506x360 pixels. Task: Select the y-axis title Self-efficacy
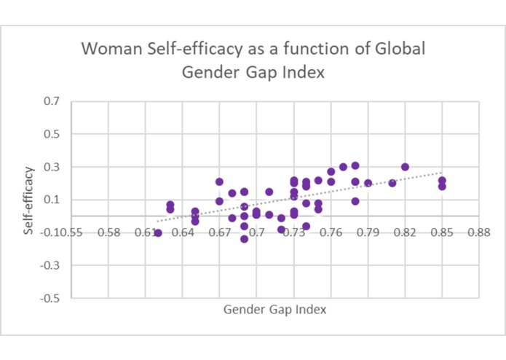click(x=28, y=200)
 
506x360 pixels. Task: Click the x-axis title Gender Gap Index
click(x=274, y=309)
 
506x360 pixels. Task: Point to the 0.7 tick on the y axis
click(x=52, y=101)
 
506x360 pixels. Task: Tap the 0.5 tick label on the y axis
click(x=52, y=134)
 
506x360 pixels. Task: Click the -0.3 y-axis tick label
click(x=50, y=265)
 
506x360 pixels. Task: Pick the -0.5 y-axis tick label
click(x=50, y=298)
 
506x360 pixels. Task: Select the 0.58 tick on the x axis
click(x=108, y=232)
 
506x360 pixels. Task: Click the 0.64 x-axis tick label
click(x=183, y=232)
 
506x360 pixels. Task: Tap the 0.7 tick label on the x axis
click(x=257, y=232)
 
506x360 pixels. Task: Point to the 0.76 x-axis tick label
click(x=331, y=232)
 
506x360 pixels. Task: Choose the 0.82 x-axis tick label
click(x=406, y=232)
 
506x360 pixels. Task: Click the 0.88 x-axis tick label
click(x=479, y=232)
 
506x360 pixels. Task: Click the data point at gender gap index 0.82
click(x=406, y=167)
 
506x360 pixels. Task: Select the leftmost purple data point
click(x=158, y=232)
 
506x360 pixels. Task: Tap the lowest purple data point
click(x=245, y=239)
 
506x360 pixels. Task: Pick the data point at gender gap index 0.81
click(x=392, y=183)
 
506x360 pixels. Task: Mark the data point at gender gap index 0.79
click(x=368, y=183)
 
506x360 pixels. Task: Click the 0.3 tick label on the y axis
click(x=52, y=167)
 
